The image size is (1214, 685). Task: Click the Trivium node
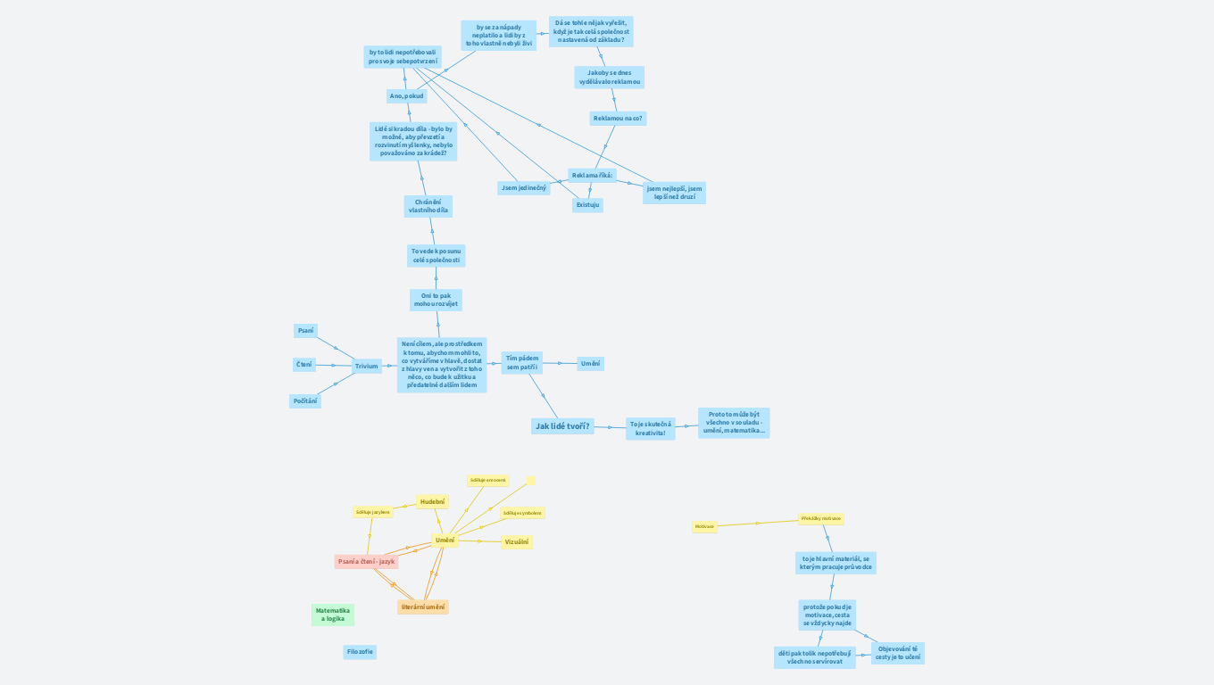366,366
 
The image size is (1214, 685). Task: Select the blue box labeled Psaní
305,331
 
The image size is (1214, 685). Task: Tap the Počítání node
304,401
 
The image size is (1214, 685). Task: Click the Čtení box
304,365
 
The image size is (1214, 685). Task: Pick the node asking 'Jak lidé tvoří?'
562,426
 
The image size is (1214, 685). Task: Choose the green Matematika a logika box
332,615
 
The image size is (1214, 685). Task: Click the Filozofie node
360,652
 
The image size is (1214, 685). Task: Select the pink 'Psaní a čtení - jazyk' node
366,561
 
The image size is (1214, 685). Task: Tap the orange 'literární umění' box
423,607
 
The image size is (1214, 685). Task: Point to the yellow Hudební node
432,502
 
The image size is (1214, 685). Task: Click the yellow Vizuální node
516,541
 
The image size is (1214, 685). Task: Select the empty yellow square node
530,481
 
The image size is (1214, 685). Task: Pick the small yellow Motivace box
704,527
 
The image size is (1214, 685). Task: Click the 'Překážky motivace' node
820,518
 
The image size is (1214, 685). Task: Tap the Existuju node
587,205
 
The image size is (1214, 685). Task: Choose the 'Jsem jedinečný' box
524,188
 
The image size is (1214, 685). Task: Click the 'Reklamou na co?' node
619,118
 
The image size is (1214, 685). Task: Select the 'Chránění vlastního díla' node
428,206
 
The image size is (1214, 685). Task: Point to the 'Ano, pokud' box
407,95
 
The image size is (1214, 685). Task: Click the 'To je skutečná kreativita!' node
650,428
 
